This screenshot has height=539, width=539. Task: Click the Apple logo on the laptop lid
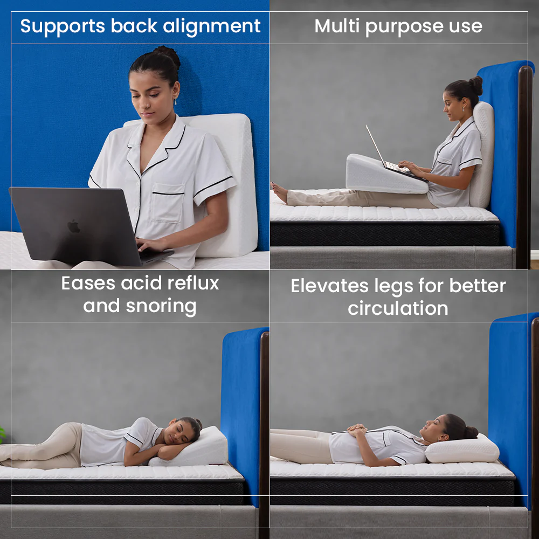(74, 226)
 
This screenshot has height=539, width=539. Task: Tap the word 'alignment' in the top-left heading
(211, 26)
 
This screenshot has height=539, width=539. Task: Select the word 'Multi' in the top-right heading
(337, 26)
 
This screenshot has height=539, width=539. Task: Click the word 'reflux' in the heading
(193, 283)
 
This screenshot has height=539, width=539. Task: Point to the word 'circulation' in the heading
(398, 308)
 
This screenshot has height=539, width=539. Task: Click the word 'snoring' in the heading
(161, 306)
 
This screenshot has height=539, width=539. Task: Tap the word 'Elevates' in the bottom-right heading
(330, 286)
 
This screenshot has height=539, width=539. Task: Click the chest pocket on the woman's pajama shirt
(168, 203)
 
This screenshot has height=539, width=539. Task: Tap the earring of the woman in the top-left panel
(176, 102)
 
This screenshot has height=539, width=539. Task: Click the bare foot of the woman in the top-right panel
(279, 192)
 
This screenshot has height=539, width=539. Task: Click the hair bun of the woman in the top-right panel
(476, 85)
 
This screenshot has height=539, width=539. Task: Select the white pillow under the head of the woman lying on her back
(462, 448)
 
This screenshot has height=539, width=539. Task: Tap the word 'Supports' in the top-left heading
(63, 26)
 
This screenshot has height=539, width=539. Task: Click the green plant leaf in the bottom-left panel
(2, 434)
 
